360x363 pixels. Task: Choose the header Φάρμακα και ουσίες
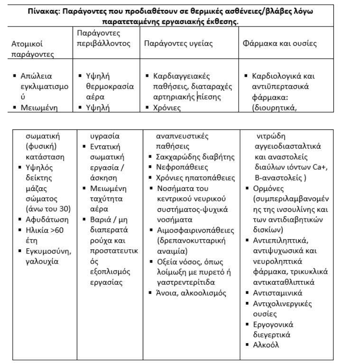click(280, 43)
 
